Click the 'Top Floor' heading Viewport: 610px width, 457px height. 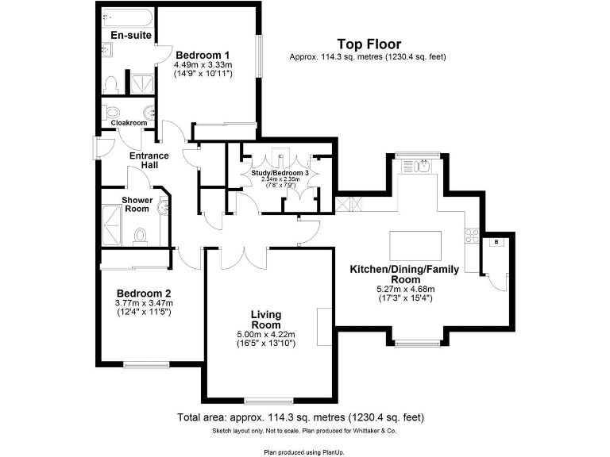(x=369, y=44)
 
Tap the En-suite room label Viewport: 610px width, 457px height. (x=131, y=35)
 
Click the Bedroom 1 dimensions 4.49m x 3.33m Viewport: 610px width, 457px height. (x=203, y=65)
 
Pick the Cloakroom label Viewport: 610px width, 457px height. (x=129, y=123)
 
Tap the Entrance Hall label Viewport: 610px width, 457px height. (x=149, y=160)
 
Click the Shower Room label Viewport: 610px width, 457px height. (x=137, y=204)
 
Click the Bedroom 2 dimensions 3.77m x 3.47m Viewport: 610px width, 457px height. (x=144, y=303)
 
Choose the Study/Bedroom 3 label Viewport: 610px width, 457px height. (x=281, y=172)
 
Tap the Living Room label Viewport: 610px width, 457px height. (x=265, y=320)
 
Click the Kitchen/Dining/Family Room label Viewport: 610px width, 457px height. (x=404, y=275)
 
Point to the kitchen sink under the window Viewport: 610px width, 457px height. (x=418, y=167)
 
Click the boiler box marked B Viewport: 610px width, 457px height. (x=496, y=241)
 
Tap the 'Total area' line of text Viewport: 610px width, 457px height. (x=300, y=417)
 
